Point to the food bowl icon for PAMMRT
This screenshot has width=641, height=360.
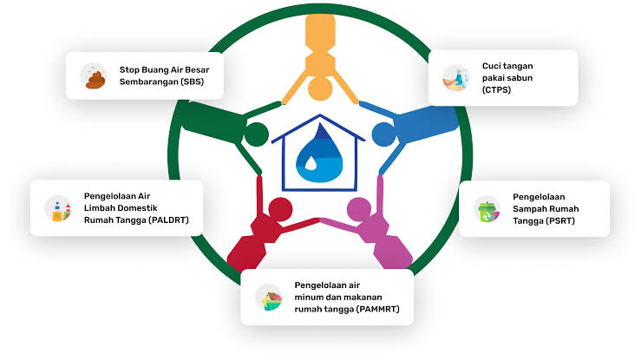pos(269,297)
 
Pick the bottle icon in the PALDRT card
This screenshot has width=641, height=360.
pos(57,208)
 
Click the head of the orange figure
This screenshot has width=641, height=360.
pos(319,87)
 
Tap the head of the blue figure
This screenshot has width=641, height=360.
pos(383,134)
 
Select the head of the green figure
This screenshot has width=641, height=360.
pos(256,134)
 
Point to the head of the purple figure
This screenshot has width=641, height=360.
pos(358,208)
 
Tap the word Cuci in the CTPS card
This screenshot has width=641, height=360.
pos(493,65)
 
